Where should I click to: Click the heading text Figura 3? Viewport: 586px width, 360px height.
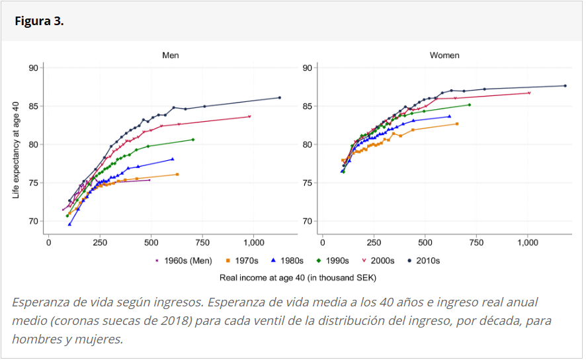click(39, 21)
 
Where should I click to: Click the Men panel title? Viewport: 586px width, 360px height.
click(171, 56)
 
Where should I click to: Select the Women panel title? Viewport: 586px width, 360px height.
click(444, 56)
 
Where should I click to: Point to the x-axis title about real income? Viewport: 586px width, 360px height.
click(298, 277)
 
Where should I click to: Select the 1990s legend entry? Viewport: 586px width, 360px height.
click(337, 261)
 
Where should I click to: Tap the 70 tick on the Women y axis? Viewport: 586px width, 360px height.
click(308, 221)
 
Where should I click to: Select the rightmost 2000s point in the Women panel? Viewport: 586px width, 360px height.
click(529, 93)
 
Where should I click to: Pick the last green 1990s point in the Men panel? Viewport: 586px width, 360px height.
click(193, 140)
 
